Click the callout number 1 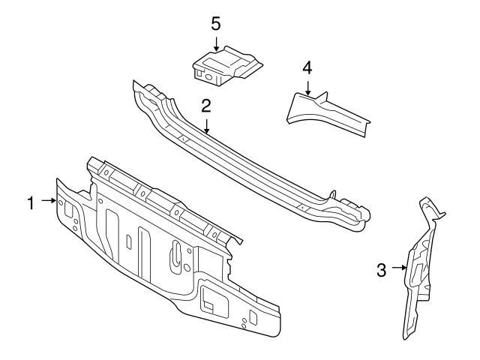(x=31, y=201)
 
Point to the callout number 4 (x=307, y=67)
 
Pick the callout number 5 (x=215, y=24)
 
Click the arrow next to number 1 (x=49, y=201)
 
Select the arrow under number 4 (x=307, y=88)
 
